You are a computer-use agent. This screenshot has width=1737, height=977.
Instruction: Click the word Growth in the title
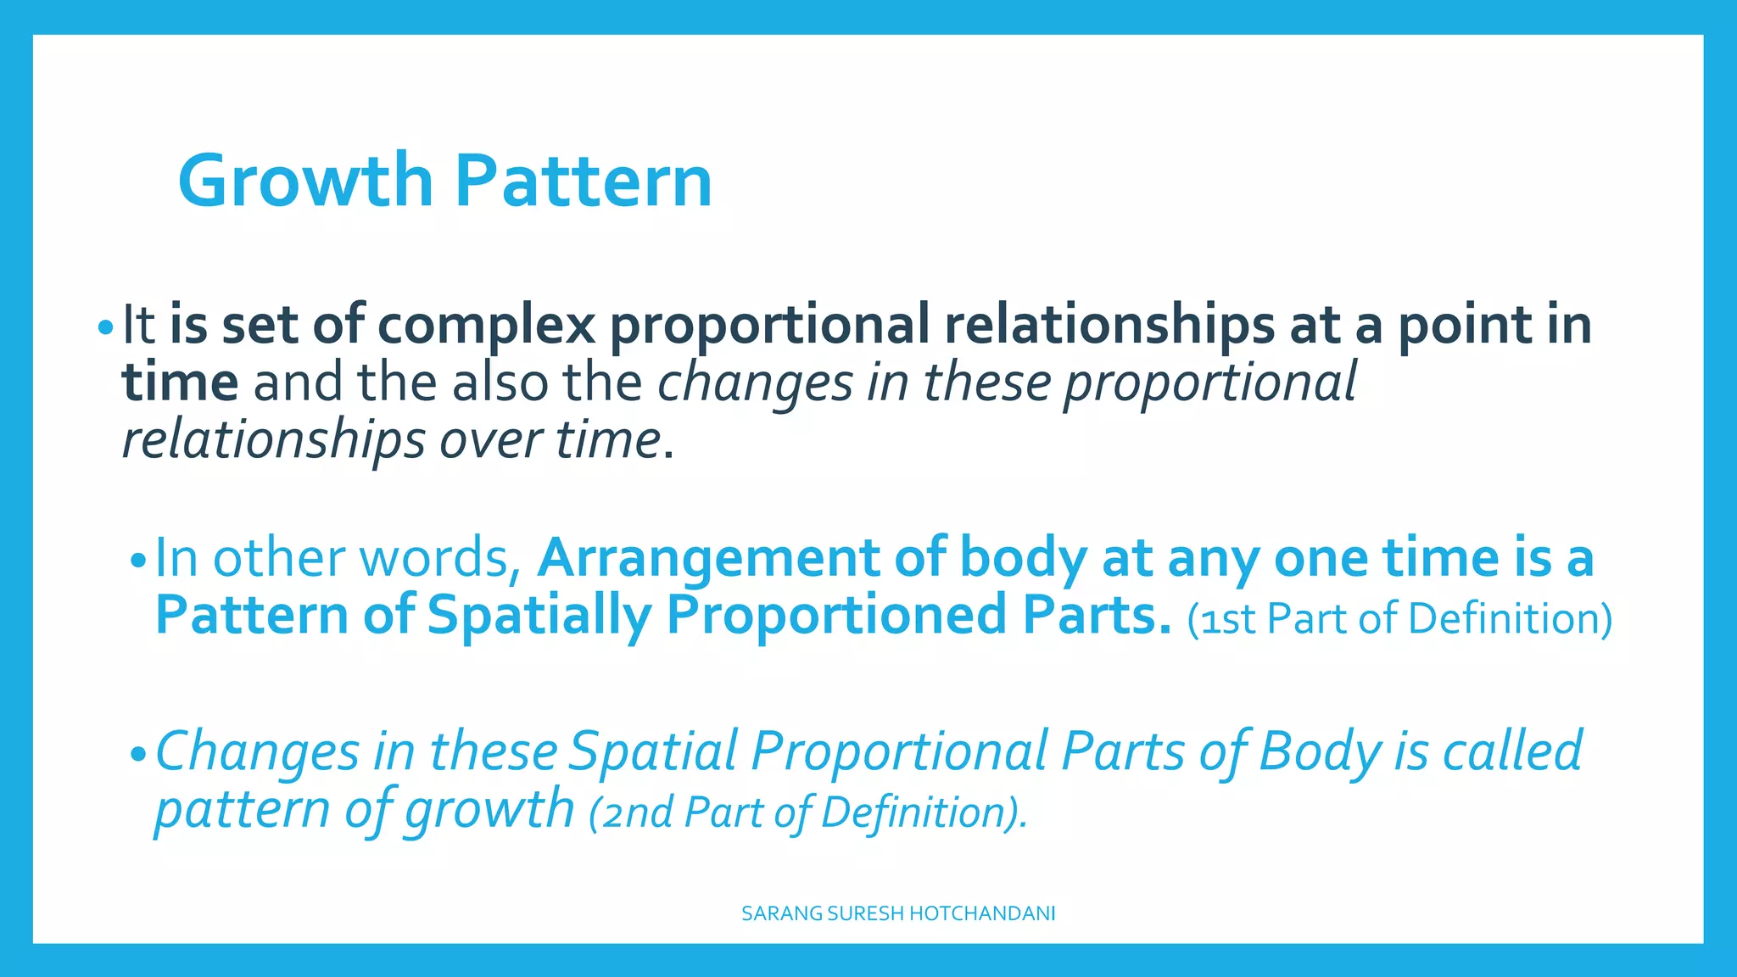click(x=305, y=181)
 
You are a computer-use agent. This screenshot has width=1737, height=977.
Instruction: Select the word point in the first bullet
click(x=1464, y=325)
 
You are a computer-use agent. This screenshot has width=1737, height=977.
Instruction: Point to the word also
click(x=500, y=382)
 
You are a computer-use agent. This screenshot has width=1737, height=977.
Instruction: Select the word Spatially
click(x=539, y=616)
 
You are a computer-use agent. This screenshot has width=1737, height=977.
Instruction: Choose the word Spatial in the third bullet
click(x=653, y=751)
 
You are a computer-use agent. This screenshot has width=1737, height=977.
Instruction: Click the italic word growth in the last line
click(x=489, y=809)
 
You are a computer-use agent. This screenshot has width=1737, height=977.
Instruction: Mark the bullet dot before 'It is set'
click(x=104, y=327)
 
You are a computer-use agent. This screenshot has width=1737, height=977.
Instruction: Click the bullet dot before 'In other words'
click(x=138, y=561)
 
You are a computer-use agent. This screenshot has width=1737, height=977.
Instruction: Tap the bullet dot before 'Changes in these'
click(x=138, y=754)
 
